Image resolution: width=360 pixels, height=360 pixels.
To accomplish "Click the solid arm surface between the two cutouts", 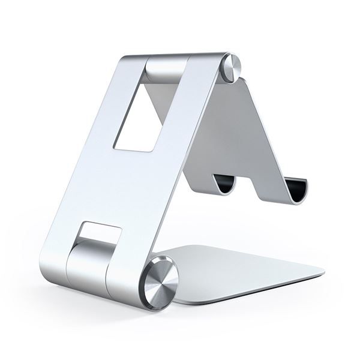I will (129, 180).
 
